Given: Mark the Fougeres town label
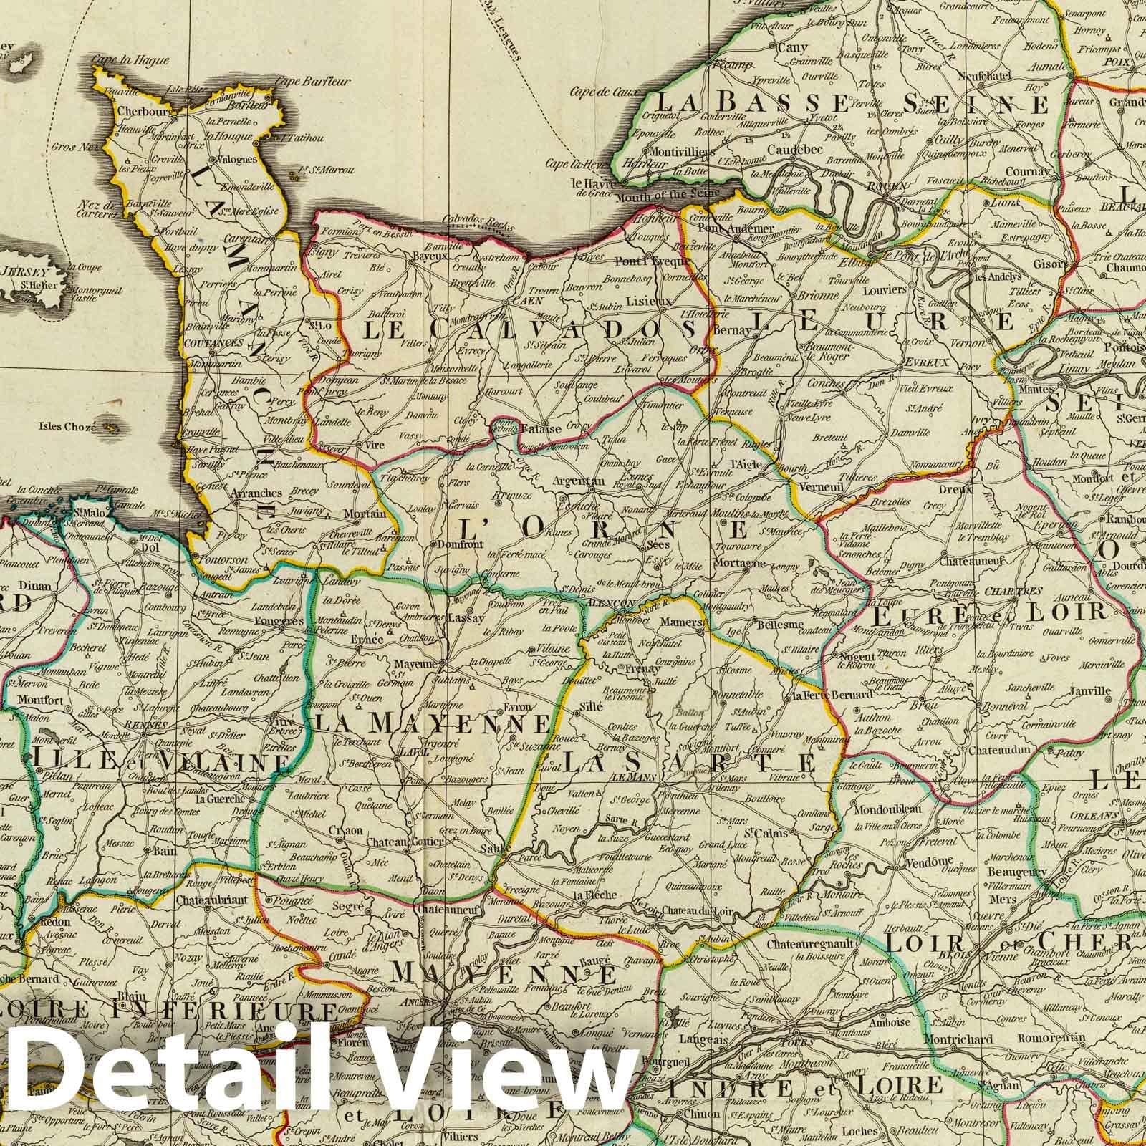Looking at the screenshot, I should pyautogui.click(x=281, y=622).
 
